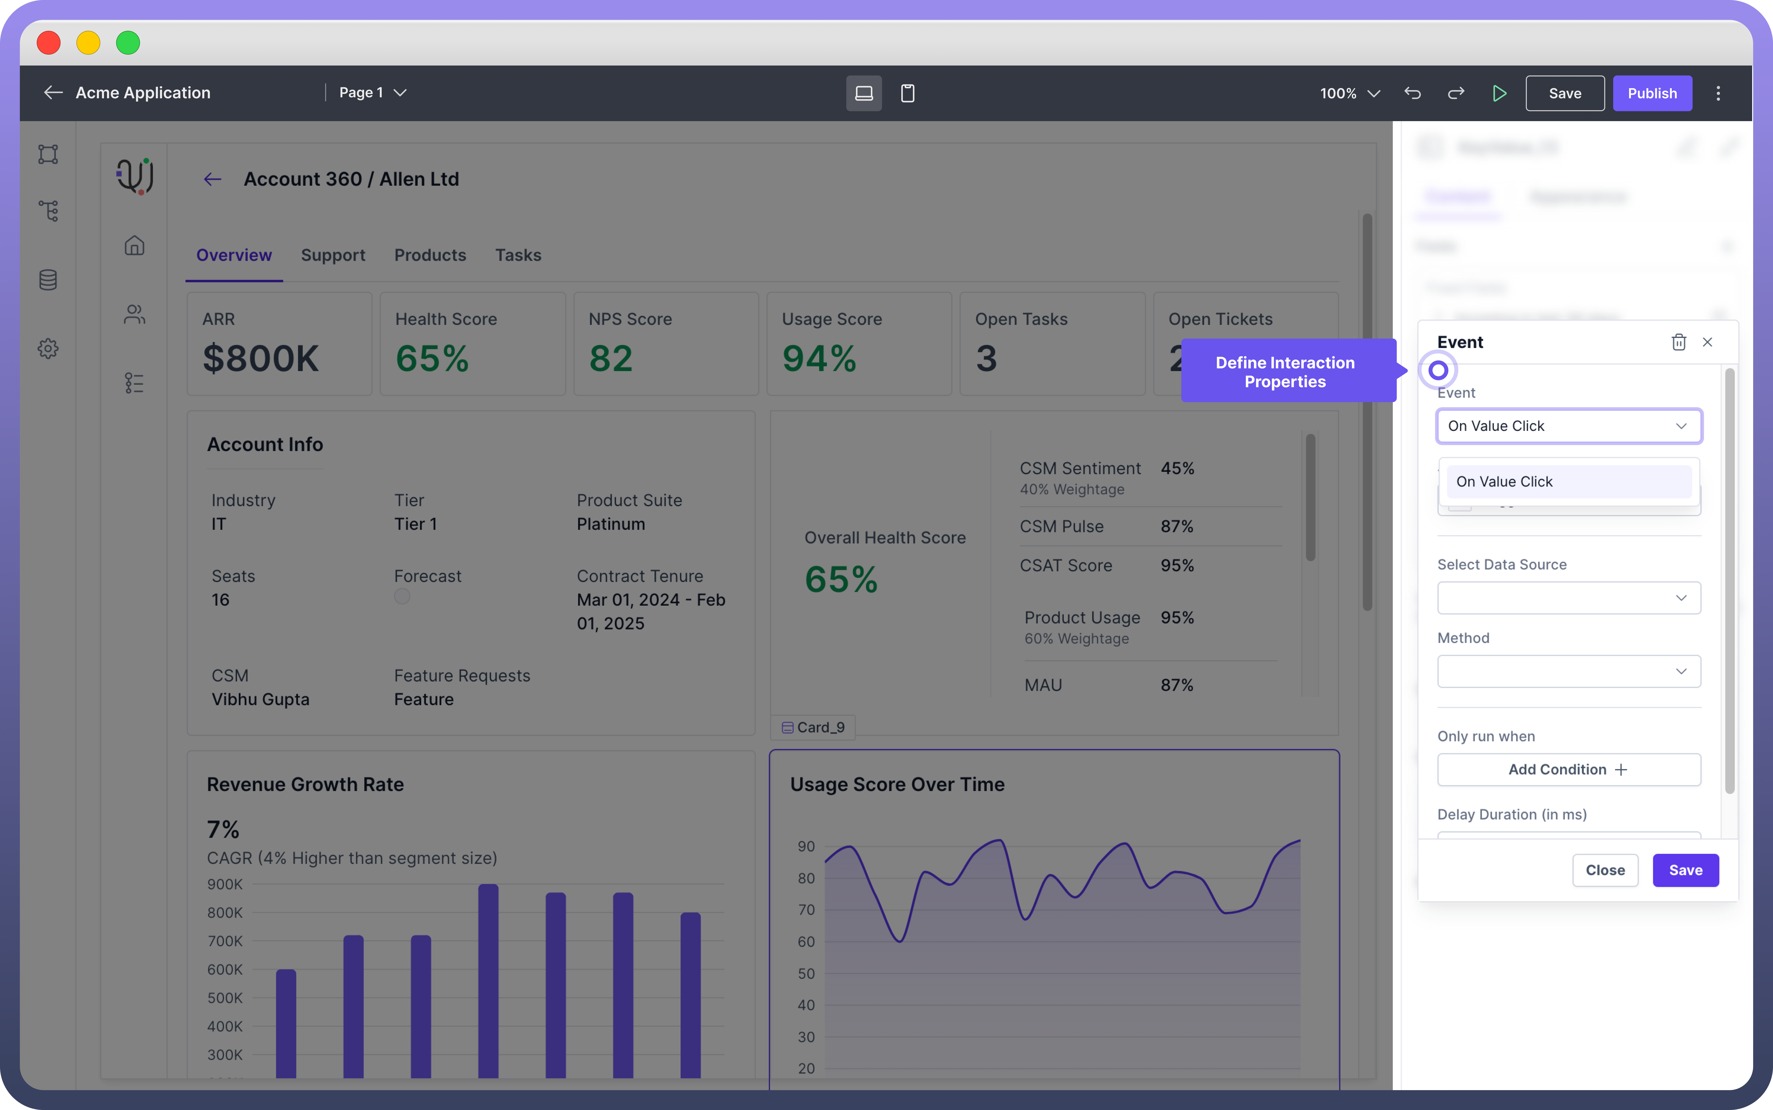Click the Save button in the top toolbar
coord(1565,93)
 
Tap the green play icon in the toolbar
coord(1499,93)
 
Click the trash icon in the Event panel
coord(1678,342)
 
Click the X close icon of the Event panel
coord(1708,342)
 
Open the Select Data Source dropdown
coord(1568,598)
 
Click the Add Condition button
coord(1568,769)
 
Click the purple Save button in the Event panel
coord(1685,870)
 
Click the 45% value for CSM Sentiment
coord(1177,468)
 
